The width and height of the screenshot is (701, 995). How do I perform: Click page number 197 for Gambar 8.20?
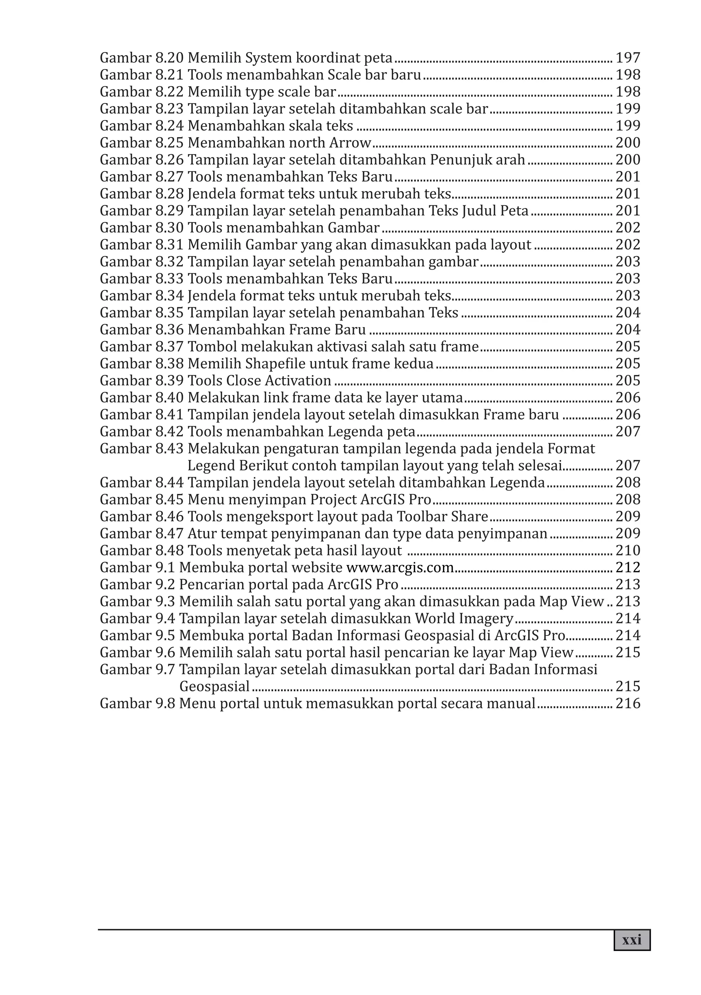click(x=628, y=58)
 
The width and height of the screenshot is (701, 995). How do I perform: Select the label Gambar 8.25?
click(x=141, y=143)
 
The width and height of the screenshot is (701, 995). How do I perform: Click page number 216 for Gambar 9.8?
click(x=628, y=703)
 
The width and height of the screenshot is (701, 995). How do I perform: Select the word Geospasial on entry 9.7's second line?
click(x=214, y=686)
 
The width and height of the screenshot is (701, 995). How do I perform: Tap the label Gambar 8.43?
click(x=141, y=448)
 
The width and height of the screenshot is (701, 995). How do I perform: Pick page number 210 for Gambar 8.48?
click(x=628, y=550)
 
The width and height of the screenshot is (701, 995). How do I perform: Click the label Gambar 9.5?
click(x=137, y=635)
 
